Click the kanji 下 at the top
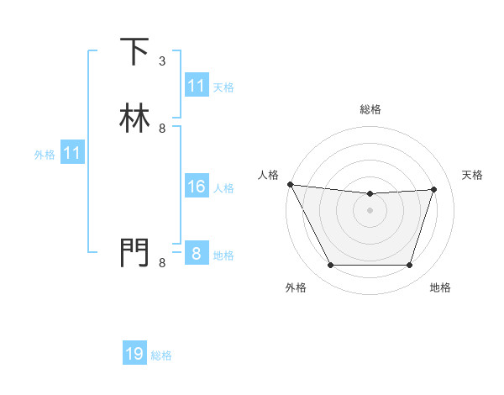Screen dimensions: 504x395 click(x=134, y=52)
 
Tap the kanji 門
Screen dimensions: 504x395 click(x=134, y=254)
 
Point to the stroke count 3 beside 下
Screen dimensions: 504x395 click(x=162, y=61)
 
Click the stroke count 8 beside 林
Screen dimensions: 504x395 click(x=162, y=129)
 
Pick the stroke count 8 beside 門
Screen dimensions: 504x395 click(x=162, y=263)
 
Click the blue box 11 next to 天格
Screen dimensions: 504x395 click(x=196, y=87)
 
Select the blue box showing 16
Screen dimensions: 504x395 click(x=196, y=187)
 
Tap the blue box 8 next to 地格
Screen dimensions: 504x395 click(x=196, y=255)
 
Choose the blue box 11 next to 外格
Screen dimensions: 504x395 click(x=71, y=154)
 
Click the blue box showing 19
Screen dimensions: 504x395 click(x=134, y=355)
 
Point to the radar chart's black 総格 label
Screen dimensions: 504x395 click(x=370, y=109)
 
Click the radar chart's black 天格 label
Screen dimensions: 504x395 click(x=472, y=175)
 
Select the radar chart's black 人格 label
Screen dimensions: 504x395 click(x=268, y=175)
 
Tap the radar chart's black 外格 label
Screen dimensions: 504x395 click(x=296, y=287)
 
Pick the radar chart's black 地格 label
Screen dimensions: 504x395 click(x=440, y=287)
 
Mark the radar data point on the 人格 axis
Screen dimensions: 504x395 click(x=290, y=184)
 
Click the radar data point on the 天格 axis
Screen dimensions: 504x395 click(x=434, y=189)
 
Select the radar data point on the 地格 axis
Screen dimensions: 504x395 click(x=409, y=266)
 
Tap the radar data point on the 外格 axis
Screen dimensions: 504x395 click(x=330, y=266)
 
